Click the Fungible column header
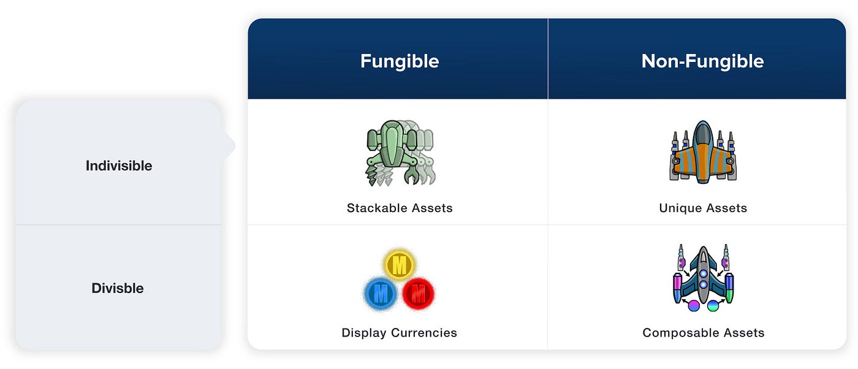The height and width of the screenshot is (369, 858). tap(400, 61)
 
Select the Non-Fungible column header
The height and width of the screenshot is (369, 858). tap(702, 61)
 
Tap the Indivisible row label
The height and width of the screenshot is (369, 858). tap(119, 165)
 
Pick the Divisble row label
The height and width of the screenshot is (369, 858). tap(118, 288)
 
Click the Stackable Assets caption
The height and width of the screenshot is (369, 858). tap(400, 208)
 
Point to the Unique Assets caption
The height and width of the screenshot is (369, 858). tap(703, 208)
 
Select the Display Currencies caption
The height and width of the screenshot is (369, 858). tap(399, 333)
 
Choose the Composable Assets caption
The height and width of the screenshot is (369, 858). tap(704, 333)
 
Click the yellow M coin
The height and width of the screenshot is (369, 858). tap(399, 264)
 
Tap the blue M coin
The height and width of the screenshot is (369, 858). tap(381, 294)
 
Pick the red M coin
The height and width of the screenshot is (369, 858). tap(418, 294)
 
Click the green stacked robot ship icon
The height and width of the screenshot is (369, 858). tap(400, 153)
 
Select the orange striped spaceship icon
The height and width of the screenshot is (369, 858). tap(703, 152)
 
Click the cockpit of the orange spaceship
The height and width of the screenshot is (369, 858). tap(703, 133)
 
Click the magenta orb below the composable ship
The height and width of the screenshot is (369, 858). tap(694, 306)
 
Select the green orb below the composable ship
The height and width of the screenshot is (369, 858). tap(713, 306)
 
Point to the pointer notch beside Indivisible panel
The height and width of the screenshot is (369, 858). tap(230, 146)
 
